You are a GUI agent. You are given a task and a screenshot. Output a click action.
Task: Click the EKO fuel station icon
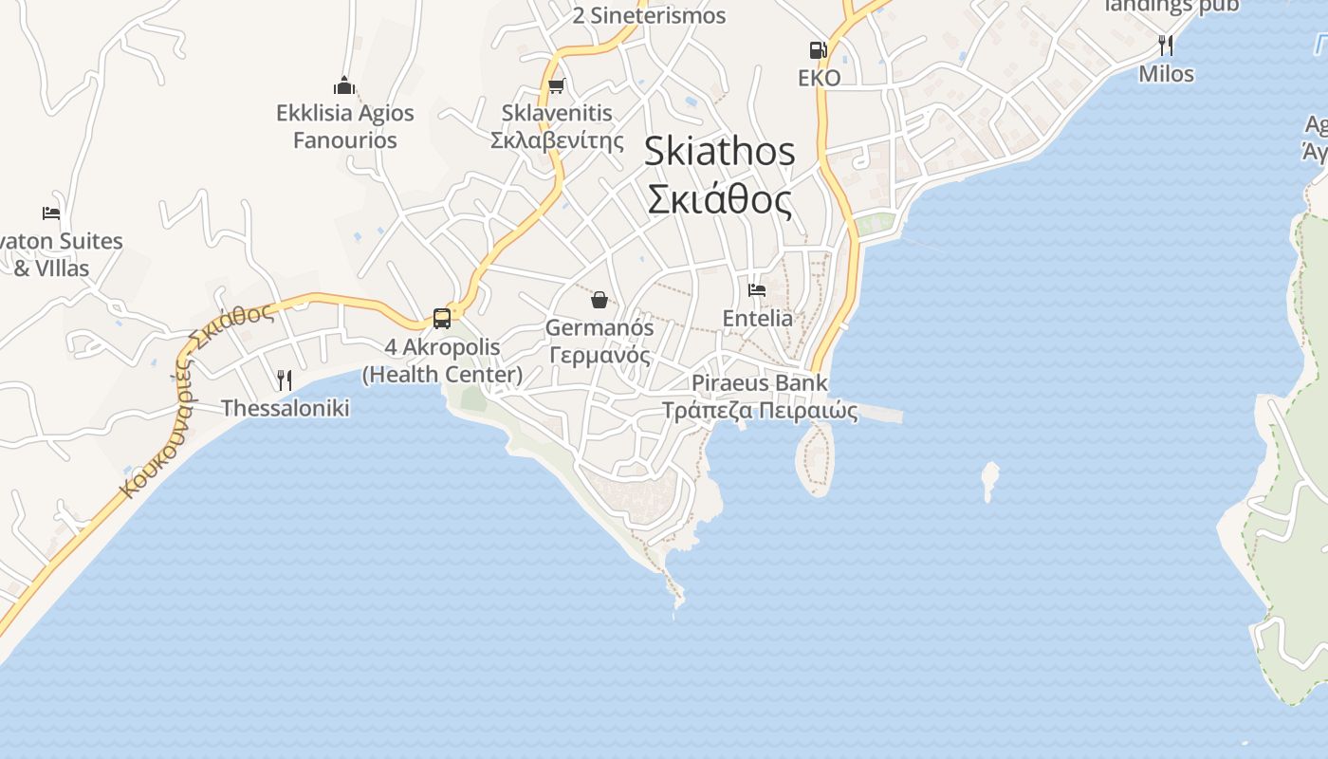pyautogui.click(x=818, y=50)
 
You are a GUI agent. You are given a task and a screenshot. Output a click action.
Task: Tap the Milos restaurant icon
pyautogui.click(x=1166, y=45)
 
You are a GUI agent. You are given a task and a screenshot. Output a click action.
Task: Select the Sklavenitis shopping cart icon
pyautogui.click(x=557, y=86)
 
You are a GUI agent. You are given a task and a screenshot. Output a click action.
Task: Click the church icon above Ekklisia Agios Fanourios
pyautogui.click(x=344, y=85)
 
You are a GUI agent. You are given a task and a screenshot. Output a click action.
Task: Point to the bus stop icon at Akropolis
pyautogui.click(x=442, y=319)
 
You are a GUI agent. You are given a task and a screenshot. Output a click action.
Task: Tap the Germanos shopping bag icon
pyautogui.click(x=599, y=301)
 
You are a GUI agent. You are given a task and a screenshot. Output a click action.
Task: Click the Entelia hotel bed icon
pyautogui.click(x=757, y=289)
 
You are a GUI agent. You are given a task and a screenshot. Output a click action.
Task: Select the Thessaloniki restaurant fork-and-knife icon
pyautogui.click(x=285, y=380)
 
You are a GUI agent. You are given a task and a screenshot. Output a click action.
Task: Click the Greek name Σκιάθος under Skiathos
pyautogui.click(x=719, y=199)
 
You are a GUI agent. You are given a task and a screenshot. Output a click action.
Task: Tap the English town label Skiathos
pyautogui.click(x=719, y=152)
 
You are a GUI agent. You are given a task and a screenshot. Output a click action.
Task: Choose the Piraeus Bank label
pyautogui.click(x=760, y=383)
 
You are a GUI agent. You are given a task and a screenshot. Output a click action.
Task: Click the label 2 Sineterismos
pyautogui.click(x=650, y=15)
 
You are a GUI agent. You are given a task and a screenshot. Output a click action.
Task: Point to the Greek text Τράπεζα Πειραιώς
pyautogui.click(x=760, y=411)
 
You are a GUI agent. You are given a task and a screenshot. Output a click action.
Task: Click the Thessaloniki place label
pyautogui.click(x=286, y=408)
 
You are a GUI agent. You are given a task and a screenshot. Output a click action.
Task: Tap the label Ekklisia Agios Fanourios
pyautogui.click(x=345, y=126)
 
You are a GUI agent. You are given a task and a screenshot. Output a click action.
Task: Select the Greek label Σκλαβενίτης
pyautogui.click(x=557, y=140)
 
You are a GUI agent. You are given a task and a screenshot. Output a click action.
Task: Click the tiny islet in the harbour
pyautogui.click(x=989, y=479)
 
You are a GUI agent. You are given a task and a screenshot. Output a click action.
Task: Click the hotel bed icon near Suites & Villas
pyautogui.click(x=51, y=213)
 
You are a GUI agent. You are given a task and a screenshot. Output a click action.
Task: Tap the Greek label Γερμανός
pyautogui.click(x=599, y=356)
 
